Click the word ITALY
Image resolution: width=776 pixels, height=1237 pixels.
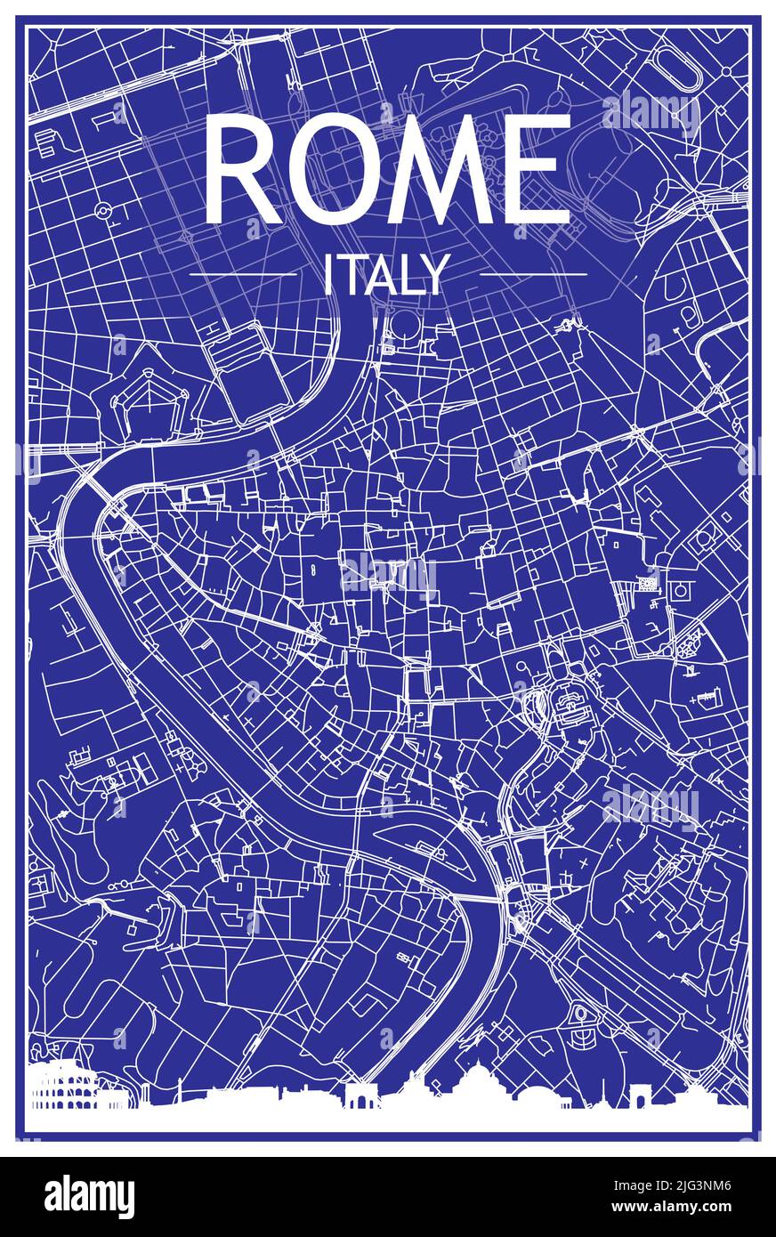click(384, 275)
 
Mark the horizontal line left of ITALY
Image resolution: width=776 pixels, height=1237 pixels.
click(242, 275)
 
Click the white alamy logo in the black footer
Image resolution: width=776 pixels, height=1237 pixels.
click(89, 1196)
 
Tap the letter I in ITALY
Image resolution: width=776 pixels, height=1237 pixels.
click(327, 275)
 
